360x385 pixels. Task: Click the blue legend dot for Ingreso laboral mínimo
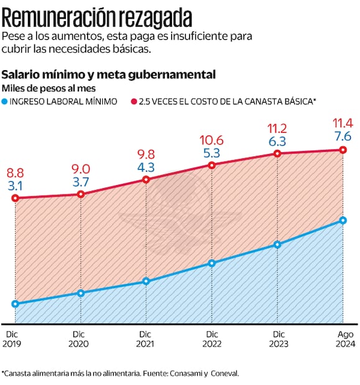(x=6, y=101)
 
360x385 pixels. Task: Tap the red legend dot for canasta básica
(x=134, y=101)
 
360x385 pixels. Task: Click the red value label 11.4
(x=343, y=122)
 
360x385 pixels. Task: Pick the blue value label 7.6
(x=343, y=135)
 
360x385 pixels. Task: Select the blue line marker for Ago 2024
(x=343, y=220)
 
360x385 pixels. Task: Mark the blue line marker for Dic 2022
(x=212, y=263)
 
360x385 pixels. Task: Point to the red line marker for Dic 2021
(x=146, y=179)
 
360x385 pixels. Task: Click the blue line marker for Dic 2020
(x=81, y=293)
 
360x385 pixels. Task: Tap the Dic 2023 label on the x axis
(x=277, y=339)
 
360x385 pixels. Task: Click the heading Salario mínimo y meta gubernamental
(x=109, y=74)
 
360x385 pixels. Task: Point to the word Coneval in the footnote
(x=224, y=373)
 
